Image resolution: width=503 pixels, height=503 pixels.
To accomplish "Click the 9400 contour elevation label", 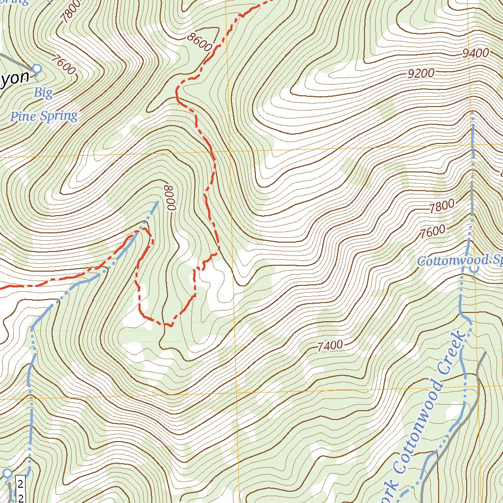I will pyautogui.click(x=475, y=53).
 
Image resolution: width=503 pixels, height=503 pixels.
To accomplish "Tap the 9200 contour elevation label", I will pyautogui.click(x=421, y=74).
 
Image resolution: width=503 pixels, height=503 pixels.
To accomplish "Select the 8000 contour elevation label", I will pyautogui.click(x=169, y=197).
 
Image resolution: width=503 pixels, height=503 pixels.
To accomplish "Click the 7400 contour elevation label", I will pyautogui.click(x=330, y=346).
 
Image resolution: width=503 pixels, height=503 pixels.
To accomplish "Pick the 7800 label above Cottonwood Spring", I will pyautogui.click(x=441, y=207).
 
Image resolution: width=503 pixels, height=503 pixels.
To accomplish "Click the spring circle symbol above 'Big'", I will pyautogui.click(x=36, y=69).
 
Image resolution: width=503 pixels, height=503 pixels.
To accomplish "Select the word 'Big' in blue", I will pyautogui.click(x=43, y=93).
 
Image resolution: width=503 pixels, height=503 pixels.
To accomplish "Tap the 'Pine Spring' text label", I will pyautogui.click(x=44, y=116).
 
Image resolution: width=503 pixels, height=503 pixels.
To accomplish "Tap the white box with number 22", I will pyautogui.click(x=21, y=489).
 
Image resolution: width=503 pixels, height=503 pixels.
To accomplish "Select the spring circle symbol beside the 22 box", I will pyautogui.click(x=7, y=473).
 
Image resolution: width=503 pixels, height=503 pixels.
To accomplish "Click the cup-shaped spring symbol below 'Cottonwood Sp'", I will pyautogui.click(x=474, y=270).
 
